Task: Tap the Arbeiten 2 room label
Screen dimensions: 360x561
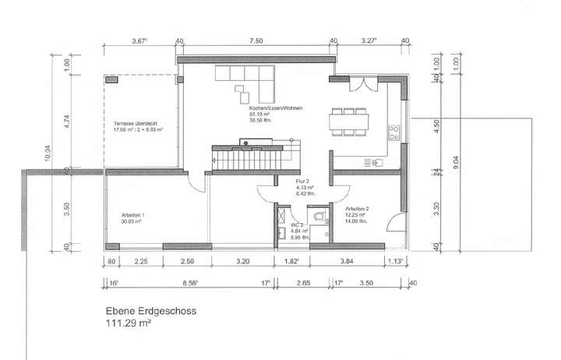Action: click(x=356, y=210)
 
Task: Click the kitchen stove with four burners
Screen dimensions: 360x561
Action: click(x=394, y=133)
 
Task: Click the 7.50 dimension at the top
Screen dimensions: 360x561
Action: click(x=255, y=41)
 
